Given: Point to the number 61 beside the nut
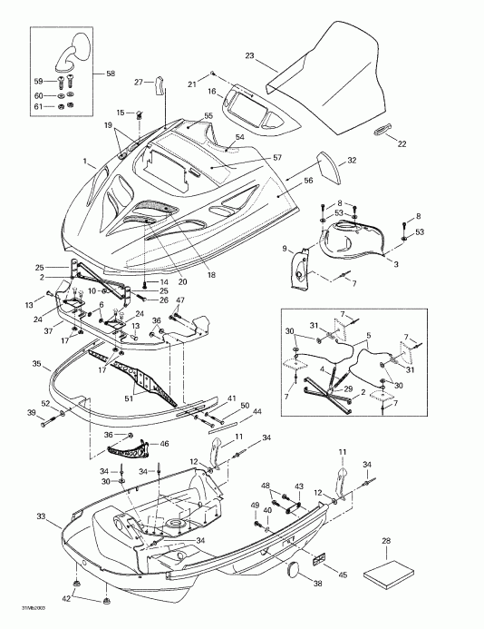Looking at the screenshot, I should (38, 106).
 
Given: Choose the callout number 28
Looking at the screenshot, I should (387, 542).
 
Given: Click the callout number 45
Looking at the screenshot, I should (342, 574).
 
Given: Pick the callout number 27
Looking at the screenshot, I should (140, 82).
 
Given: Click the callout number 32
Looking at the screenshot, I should (351, 160).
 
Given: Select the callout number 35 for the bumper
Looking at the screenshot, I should (36, 365).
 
